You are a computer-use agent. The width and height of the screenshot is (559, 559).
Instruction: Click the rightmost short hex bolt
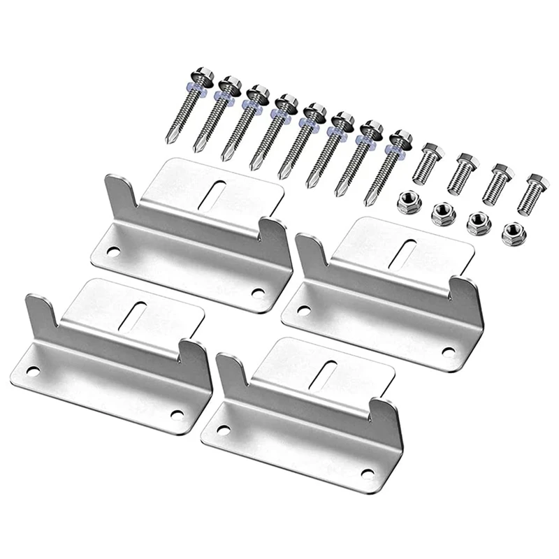coord(532,193)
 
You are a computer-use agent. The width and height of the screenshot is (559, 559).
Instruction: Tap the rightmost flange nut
coord(514,233)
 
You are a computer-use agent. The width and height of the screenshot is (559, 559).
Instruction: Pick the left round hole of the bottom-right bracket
coord(225,428)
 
